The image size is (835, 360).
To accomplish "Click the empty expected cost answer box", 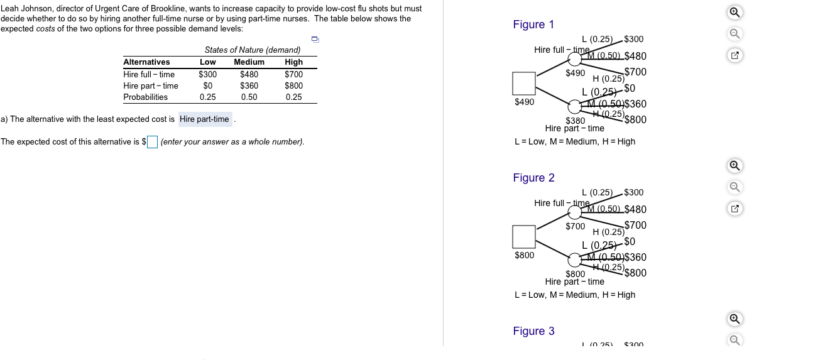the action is point(153,142).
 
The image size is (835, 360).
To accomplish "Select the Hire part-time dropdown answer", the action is point(205,119).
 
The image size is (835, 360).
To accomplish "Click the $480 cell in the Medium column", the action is point(249,75).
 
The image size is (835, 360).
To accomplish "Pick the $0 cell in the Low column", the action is point(207,86).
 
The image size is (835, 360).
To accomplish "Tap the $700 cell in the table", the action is point(293,75).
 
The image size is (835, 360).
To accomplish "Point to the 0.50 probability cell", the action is point(249,97).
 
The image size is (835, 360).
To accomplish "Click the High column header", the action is point(293,62).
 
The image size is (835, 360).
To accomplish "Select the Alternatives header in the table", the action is point(146,62).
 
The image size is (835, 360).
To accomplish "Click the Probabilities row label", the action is point(145,97).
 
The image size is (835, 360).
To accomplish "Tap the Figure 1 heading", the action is point(533,25).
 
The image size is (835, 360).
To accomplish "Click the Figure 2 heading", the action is point(533,178).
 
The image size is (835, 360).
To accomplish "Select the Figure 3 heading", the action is point(533,331).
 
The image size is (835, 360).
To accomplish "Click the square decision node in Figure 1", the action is point(524,83).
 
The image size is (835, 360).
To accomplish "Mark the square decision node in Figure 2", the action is point(524,236).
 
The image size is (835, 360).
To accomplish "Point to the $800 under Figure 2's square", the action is point(525,255).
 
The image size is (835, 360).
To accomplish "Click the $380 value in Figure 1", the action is point(576,120).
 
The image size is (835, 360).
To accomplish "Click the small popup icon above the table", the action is point(315,40).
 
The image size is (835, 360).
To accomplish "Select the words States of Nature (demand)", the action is point(253,50).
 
